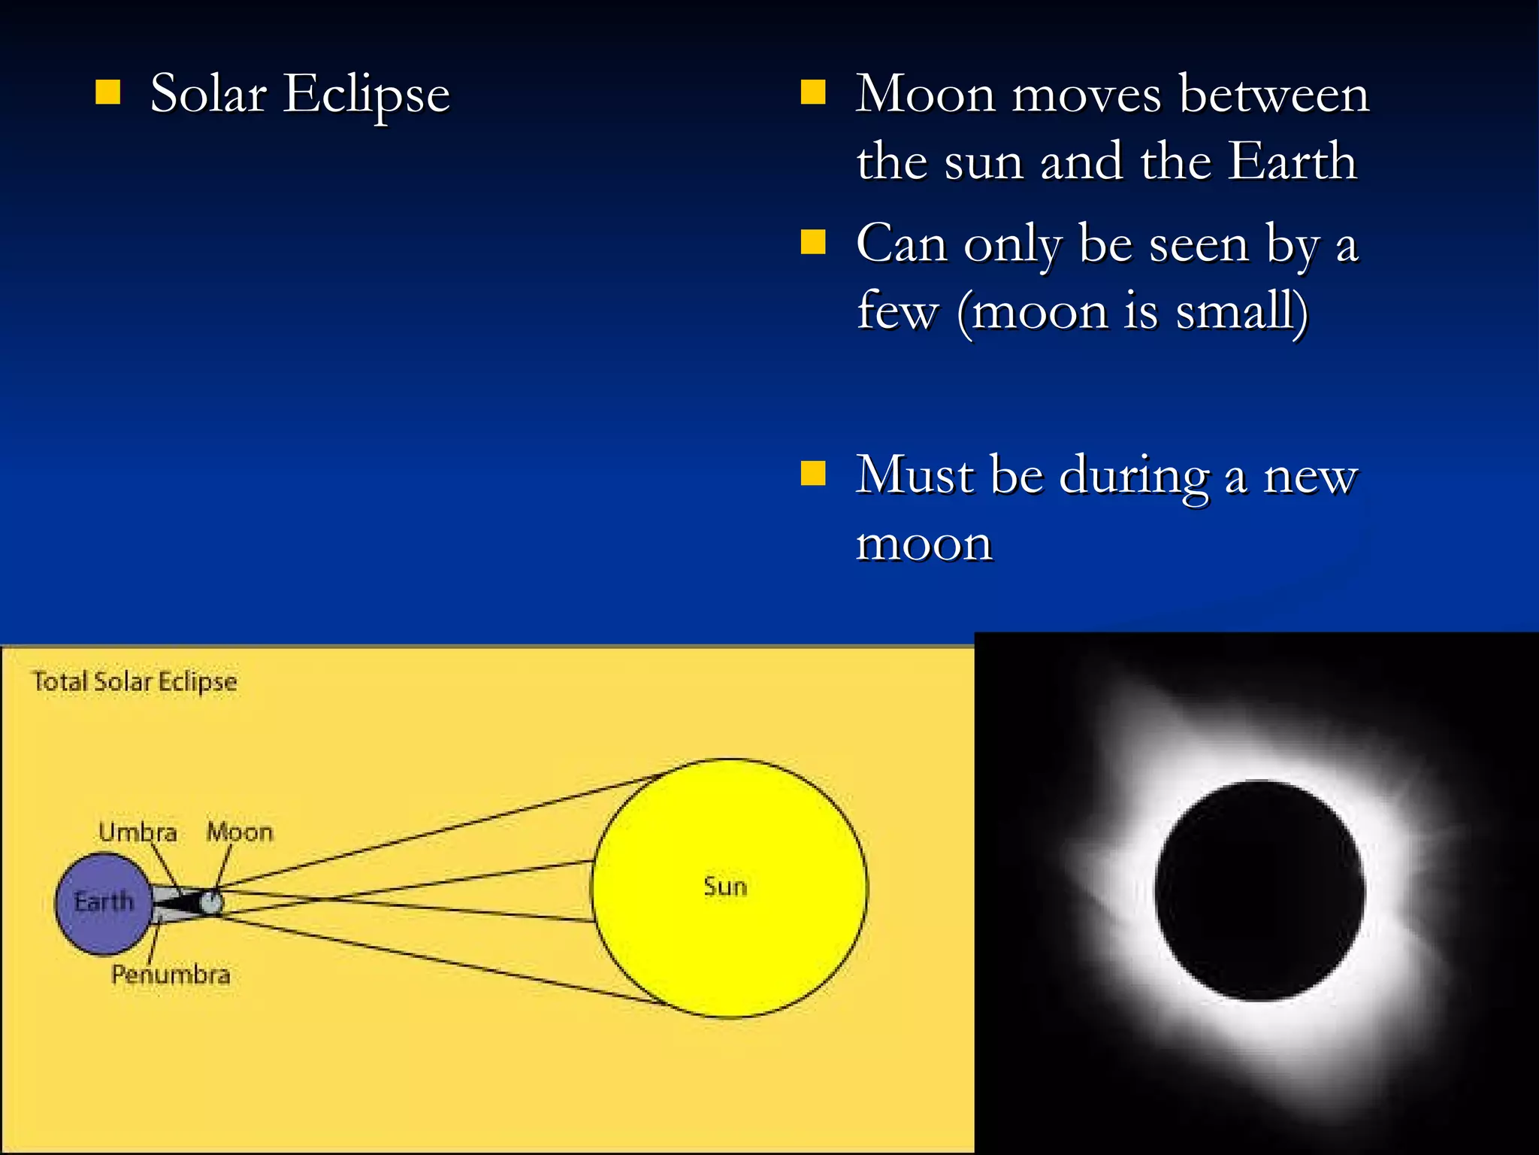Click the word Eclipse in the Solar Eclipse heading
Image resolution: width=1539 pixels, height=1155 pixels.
point(366,95)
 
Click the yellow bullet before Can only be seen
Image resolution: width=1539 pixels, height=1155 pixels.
point(813,242)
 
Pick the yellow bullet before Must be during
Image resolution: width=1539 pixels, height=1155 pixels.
point(813,474)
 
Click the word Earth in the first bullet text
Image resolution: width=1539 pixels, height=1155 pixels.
point(1292,162)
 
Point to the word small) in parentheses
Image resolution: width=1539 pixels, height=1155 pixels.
point(1241,311)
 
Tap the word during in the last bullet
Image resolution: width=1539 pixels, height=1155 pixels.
point(1134,477)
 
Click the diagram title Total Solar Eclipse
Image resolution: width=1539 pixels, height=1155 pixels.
point(135,681)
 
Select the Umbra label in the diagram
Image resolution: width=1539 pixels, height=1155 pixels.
point(138,832)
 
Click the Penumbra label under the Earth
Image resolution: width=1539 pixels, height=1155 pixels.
point(171,975)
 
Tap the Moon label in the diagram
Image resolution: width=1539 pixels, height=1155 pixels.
point(240,832)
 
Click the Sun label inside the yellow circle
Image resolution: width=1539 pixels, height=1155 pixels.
point(725,887)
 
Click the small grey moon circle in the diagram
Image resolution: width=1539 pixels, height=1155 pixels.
point(213,902)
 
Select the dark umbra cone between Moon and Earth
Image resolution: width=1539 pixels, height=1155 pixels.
point(180,901)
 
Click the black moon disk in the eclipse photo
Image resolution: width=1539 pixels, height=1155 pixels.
point(1259,890)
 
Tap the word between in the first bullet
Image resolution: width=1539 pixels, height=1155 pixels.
point(1274,95)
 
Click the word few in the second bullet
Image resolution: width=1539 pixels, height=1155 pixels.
point(897,311)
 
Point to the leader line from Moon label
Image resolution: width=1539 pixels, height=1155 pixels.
point(224,866)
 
